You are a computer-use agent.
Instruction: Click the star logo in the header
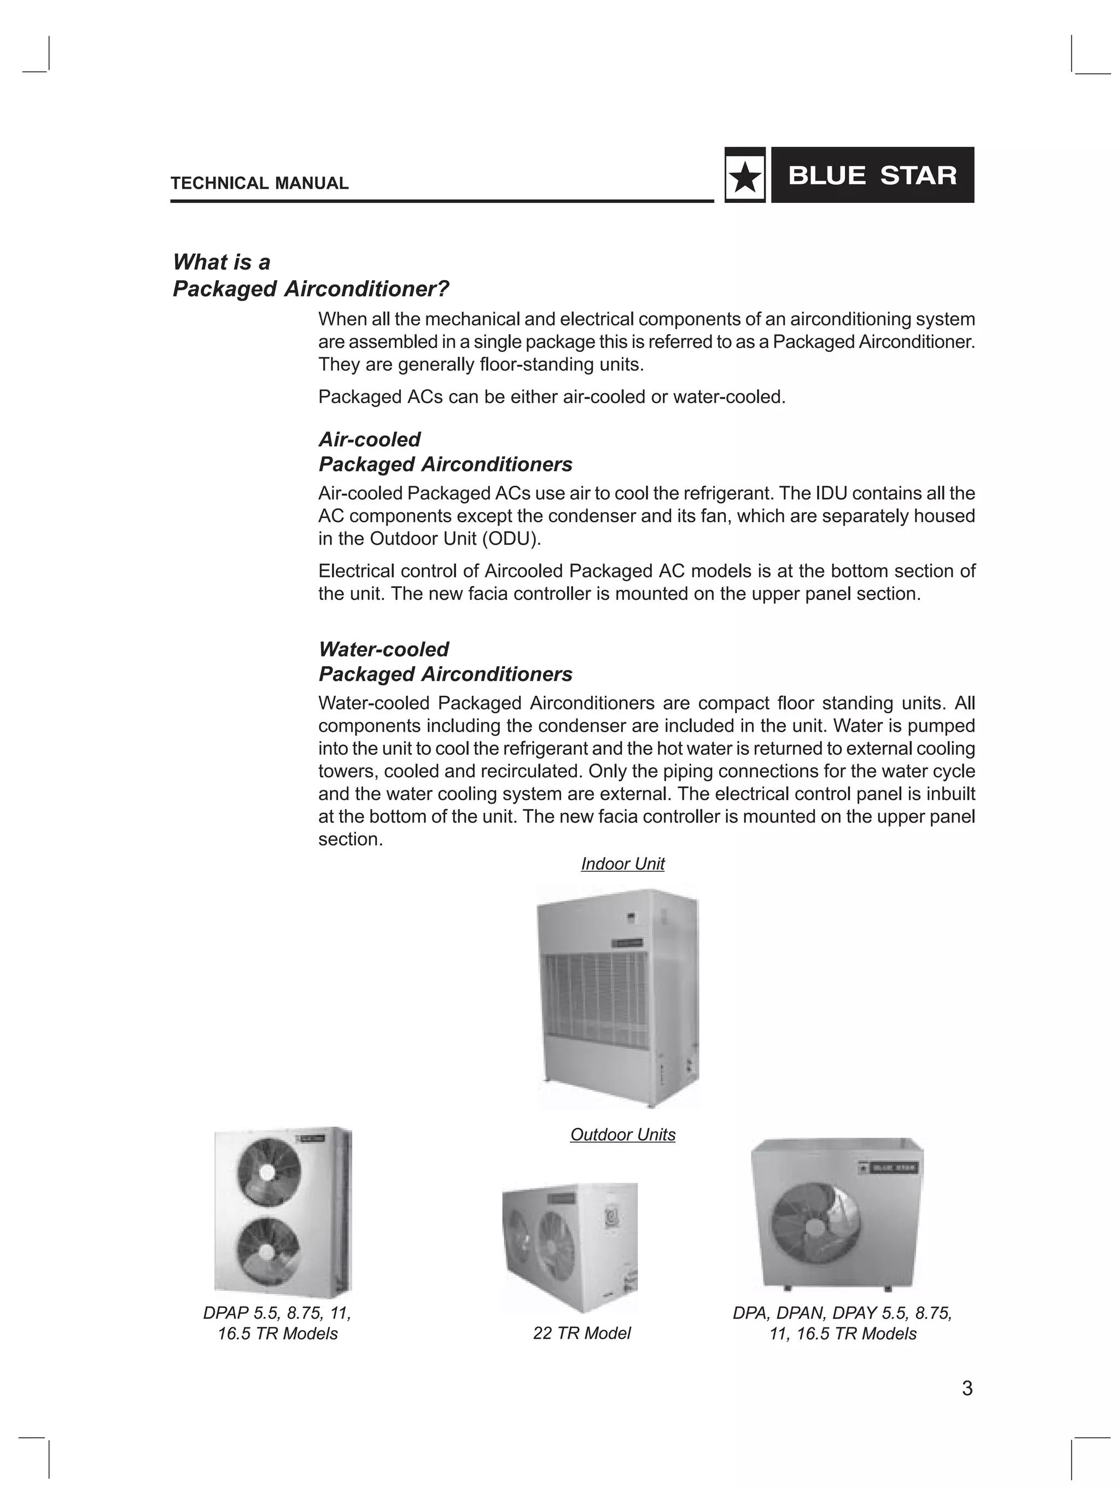(744, 177)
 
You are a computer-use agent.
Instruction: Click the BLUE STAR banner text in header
(872, 176)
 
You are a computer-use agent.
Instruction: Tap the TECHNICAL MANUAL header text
(259, 183)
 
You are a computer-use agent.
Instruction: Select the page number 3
(967, 1388)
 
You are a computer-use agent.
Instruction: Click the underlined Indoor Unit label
(622, 864)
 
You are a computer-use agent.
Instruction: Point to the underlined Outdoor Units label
(622, 1135)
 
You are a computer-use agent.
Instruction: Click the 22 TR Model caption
(581, 1333)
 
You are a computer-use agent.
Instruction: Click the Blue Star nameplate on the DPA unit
(890, 1168)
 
